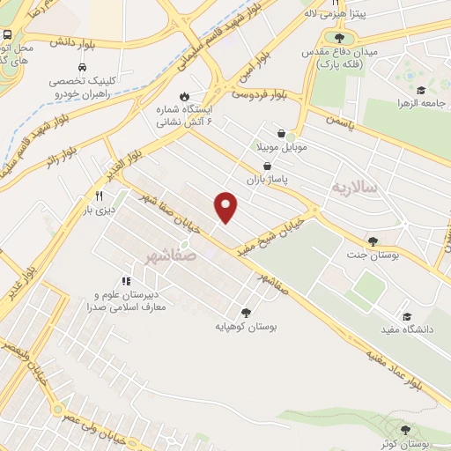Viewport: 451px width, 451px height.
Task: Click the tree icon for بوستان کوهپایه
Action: (x=246, y=312)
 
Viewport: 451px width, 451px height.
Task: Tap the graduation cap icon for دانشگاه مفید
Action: (x=406, y=317)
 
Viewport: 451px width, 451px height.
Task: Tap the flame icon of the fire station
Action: (x=184, y=96)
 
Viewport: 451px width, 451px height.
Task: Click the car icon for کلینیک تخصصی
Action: (x=81, y=67)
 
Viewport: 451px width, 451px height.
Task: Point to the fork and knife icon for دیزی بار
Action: (x=99, y=196)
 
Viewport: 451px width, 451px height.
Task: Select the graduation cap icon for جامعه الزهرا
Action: (x=421, y=92)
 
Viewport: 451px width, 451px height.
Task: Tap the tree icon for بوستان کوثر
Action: (x=404, y=430)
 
